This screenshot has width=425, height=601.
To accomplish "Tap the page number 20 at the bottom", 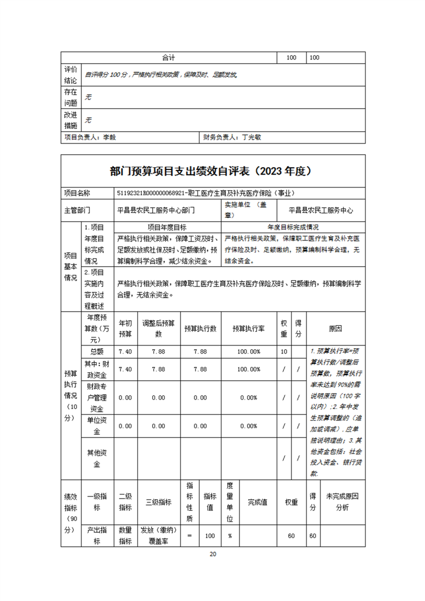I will [212, 554].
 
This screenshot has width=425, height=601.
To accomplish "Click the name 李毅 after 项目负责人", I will [109, 137].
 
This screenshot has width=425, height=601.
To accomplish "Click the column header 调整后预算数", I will [158, 328].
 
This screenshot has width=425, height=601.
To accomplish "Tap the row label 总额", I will [96, 351].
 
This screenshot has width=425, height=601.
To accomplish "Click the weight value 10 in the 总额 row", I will [284, 351].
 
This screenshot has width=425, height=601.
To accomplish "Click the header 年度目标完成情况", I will [293, 227].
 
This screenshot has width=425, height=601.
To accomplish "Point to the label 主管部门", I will [78, 211].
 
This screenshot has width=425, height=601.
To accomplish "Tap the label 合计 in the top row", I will [169, 57].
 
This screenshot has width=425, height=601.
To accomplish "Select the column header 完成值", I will [257, 502].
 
